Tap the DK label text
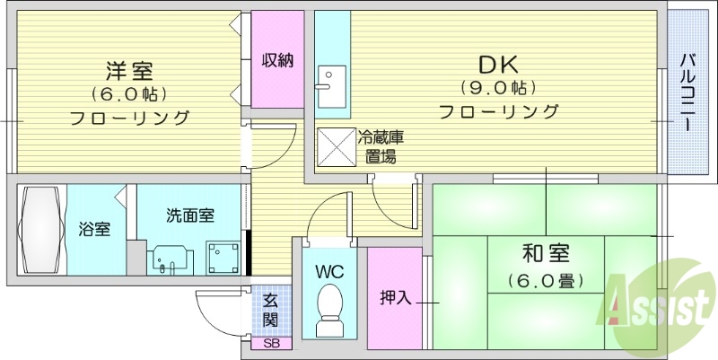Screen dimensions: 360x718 [498, 65]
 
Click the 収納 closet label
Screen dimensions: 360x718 [277, 61]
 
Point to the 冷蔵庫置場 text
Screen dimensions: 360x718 [381, 146]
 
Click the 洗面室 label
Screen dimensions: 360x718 [189, 215]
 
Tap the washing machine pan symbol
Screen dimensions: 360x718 [223, 257]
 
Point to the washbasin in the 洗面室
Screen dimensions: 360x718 [169, 259]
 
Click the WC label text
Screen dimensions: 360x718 [329, 270]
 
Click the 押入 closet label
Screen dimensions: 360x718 [396, 296]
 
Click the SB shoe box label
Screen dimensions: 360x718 [271, 344]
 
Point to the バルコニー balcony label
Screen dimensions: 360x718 [687, 92]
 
